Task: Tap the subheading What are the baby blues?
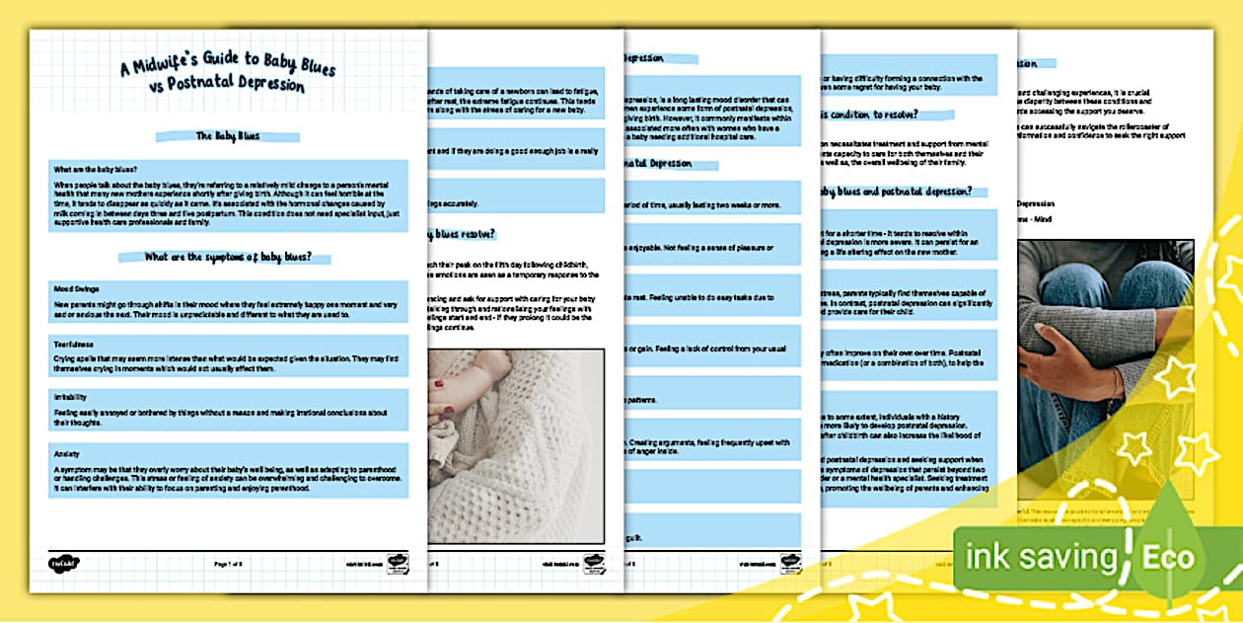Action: point(96,170)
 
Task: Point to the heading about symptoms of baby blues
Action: point(228,258)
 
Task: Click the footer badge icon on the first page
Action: point(398,564)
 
